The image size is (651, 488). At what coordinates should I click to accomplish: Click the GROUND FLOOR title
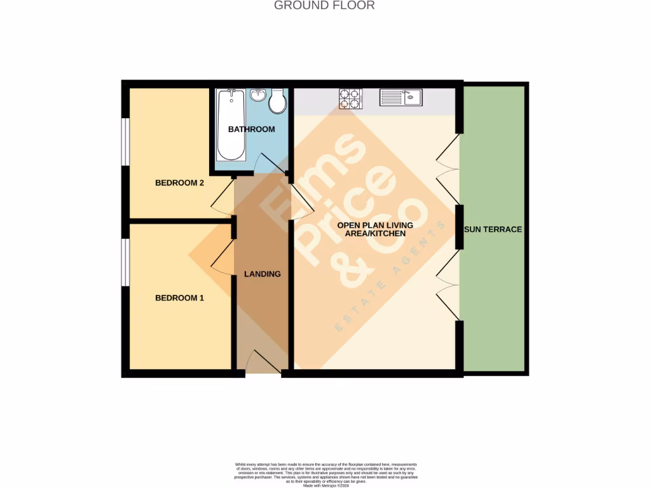pos(324,6)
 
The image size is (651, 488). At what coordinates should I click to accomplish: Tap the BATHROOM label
pos(252,129)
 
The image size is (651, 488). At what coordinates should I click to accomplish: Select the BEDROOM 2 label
pos(179,183)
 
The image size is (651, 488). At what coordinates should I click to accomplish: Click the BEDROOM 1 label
pos(179,297)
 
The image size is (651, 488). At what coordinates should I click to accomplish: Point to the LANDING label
pos(263,274)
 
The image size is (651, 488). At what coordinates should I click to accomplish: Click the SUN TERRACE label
pos(493,229)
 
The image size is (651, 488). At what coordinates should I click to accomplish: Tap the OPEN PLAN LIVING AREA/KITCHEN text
pos(375,229)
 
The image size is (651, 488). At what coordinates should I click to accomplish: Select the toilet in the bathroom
pos(278,102)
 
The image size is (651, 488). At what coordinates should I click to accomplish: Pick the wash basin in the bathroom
pos(257,95)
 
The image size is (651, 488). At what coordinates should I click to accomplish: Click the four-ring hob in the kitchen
pos(350,98)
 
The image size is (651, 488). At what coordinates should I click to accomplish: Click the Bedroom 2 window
pos(126,142)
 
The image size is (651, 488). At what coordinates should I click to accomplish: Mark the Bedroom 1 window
pos(126,262)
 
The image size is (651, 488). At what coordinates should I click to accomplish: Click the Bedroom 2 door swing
pos(223,195)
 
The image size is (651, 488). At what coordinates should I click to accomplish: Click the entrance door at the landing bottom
pos(263,363)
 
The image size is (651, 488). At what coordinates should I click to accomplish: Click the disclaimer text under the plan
pos(325,474)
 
